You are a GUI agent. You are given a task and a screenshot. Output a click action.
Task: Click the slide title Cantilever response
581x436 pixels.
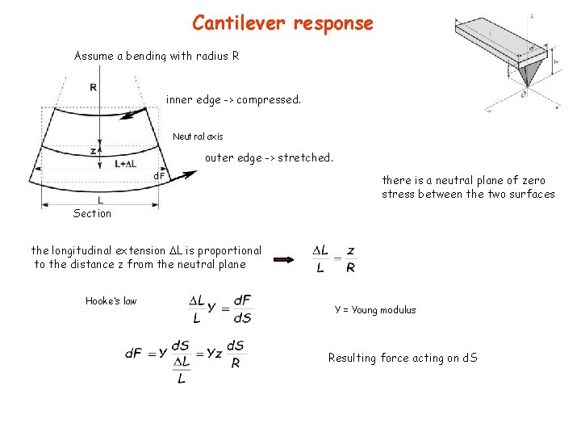(x=282, y=23)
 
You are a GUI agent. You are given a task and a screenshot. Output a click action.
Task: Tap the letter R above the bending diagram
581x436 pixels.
(x=94, y=87)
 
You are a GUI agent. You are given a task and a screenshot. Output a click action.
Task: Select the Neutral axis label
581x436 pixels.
(x=198, y=136)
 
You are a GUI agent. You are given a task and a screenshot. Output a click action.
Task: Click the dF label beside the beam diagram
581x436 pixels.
(x=160, y=175)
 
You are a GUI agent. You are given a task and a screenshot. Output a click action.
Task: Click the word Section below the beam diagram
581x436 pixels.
(x=92, y=213)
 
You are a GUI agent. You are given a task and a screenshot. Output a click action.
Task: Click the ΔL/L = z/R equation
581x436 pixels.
(x=334, y=258)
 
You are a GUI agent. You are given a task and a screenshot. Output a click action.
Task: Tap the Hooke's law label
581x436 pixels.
(x=111, y=301)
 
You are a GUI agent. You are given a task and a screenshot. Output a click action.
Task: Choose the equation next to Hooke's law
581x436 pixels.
(x=220, y=308)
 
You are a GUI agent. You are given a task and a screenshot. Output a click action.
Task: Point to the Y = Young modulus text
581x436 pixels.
(x=375, y=310)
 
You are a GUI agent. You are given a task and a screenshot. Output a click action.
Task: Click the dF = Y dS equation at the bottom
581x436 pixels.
(x=185, y=359)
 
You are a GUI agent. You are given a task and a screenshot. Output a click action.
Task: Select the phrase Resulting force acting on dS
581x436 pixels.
(x=403, y=358)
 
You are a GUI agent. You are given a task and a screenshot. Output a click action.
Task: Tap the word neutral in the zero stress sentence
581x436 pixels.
(x=445, y=181)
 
